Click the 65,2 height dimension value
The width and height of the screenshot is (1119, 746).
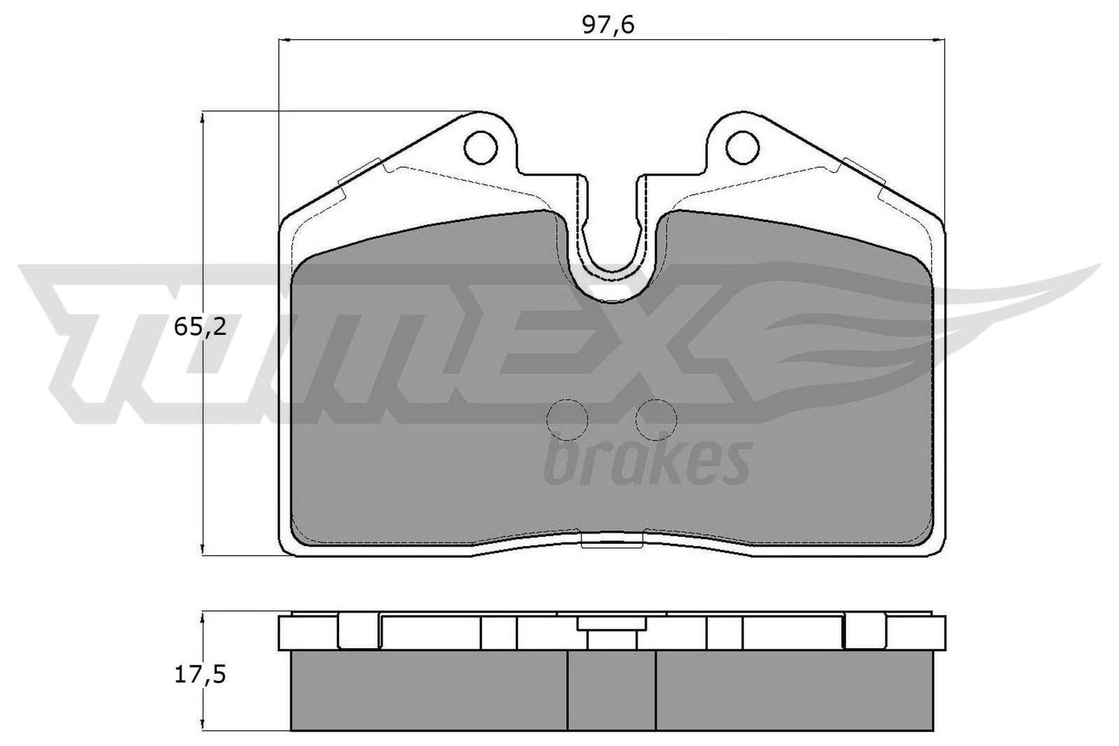point(201,327)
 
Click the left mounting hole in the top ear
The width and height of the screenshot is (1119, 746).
point(480,148)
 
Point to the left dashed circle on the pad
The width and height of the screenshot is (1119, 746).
point(566,419)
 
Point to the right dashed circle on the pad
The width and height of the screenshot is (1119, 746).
point(656,419)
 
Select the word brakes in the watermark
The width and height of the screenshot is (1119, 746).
point(646,462)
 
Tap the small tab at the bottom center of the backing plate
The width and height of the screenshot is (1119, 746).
point(612,540)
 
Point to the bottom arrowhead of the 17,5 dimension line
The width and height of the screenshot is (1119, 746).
point(203,725)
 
